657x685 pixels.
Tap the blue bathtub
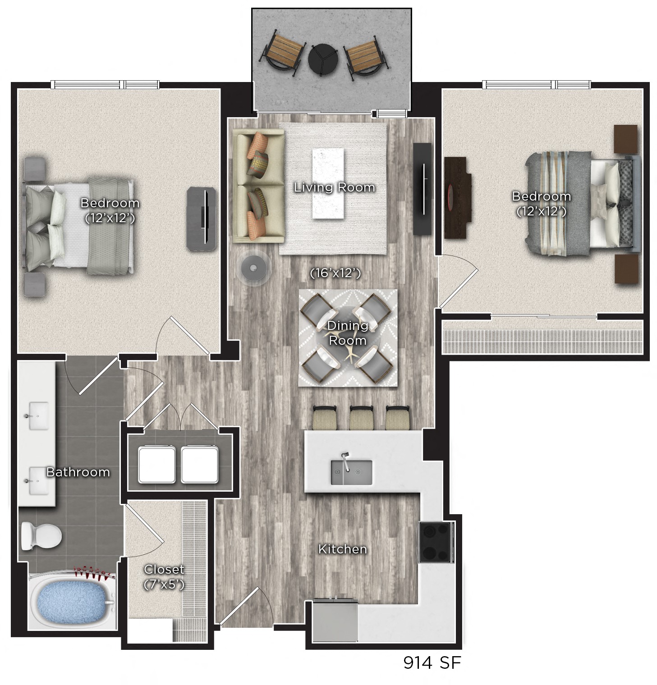[x=72, y=602]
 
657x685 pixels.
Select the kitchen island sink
[x=351, y=472]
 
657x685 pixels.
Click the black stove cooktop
[x=436, y=542]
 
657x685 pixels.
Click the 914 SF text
[x=432, y=662]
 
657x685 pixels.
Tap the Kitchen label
[x=342, y=549]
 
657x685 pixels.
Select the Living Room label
[x=334, y=187]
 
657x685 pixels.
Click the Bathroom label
[x=78, y=472]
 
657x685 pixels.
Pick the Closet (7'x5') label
[x=164, y=576]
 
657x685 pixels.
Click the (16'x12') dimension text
[x=335, y=273]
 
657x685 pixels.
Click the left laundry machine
[x=156, y=465]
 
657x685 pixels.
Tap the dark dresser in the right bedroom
[x=458, y=197]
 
